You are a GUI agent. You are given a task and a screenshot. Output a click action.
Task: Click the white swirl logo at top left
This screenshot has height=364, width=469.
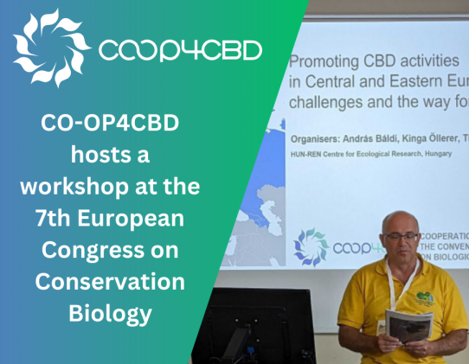pyautogui.click(x=50, y=48)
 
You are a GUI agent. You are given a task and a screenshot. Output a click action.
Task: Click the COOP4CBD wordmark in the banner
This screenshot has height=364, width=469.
pyautogui.click(x=180, y=50)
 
